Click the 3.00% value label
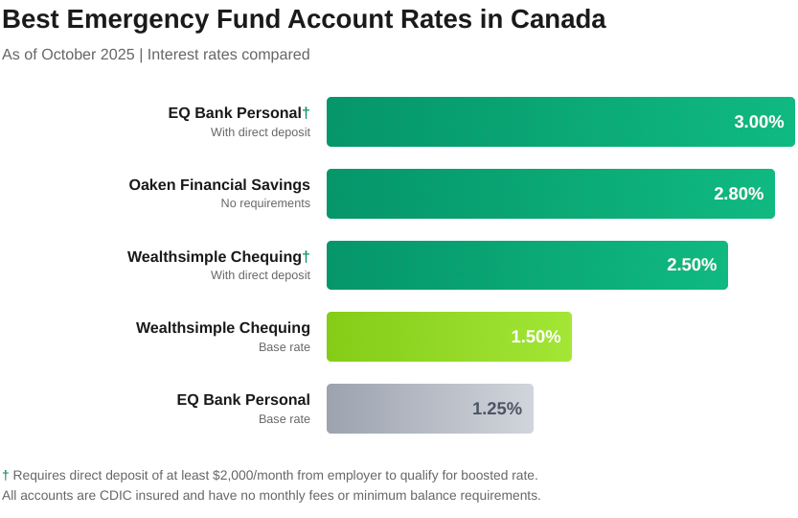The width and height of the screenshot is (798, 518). [x=759, y=122]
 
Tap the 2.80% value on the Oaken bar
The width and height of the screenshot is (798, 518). [x=739, y=194]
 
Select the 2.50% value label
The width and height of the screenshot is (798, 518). [x=692, y=265]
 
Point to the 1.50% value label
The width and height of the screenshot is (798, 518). [x=536, y=337]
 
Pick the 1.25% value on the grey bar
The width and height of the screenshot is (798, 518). [x=497, y=409]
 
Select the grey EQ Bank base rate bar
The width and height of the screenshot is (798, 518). [x=402, y=409]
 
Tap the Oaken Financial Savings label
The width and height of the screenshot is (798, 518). [x=219, y=184]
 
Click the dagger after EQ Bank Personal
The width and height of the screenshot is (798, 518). [x=307, y=112]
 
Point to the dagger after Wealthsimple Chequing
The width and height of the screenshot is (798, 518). [x=307, y=256]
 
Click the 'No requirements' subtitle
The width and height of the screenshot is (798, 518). [x=265, y=203]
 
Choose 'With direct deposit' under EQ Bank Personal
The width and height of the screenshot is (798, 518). [x=261, y=132]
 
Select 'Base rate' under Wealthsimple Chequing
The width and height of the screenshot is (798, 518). [x=285, y=347]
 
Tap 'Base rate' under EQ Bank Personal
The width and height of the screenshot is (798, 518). [x=285, y=419]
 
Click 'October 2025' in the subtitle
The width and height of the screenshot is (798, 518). [x=88, y=55]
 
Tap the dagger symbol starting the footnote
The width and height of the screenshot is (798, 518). [x=6, y=475]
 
